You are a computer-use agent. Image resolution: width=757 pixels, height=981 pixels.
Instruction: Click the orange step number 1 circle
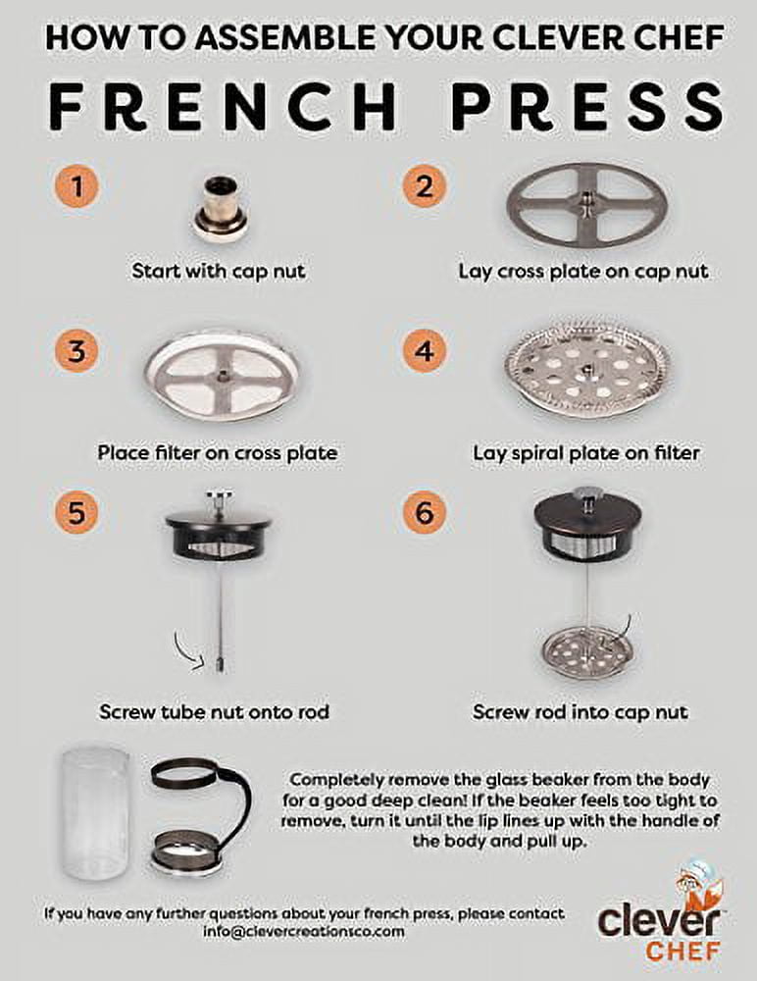(x=76, y=185)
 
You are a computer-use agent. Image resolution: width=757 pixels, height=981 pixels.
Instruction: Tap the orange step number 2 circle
(x=425, y=185)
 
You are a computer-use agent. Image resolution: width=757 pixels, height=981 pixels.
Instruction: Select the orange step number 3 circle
(x=76, y=350)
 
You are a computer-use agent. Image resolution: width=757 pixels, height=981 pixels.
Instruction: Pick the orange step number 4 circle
(x=425, y=350)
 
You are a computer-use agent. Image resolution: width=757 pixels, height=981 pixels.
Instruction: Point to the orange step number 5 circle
(x=76, y=512)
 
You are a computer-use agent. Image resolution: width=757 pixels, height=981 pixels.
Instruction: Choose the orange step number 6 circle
(x=425, y=512)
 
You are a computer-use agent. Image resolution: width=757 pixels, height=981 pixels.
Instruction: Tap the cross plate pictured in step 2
(x=586, y=206)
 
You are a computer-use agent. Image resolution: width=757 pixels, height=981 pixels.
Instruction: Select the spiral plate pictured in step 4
(x=586, y=374)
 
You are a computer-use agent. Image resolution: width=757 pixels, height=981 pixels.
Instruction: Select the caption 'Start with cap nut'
(x=219, y=271)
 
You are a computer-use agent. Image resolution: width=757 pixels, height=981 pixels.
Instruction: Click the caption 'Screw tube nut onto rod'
(x=214, y=711)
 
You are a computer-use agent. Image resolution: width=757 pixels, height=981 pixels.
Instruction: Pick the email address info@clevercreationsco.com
(x=303, y=932)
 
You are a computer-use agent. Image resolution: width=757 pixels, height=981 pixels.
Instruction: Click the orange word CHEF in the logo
(x=682, y=951)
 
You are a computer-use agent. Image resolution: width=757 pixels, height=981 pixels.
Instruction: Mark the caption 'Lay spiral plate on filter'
(x=585, y=453)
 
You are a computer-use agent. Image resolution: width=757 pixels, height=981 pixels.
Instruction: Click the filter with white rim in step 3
(x=222, y=375)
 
